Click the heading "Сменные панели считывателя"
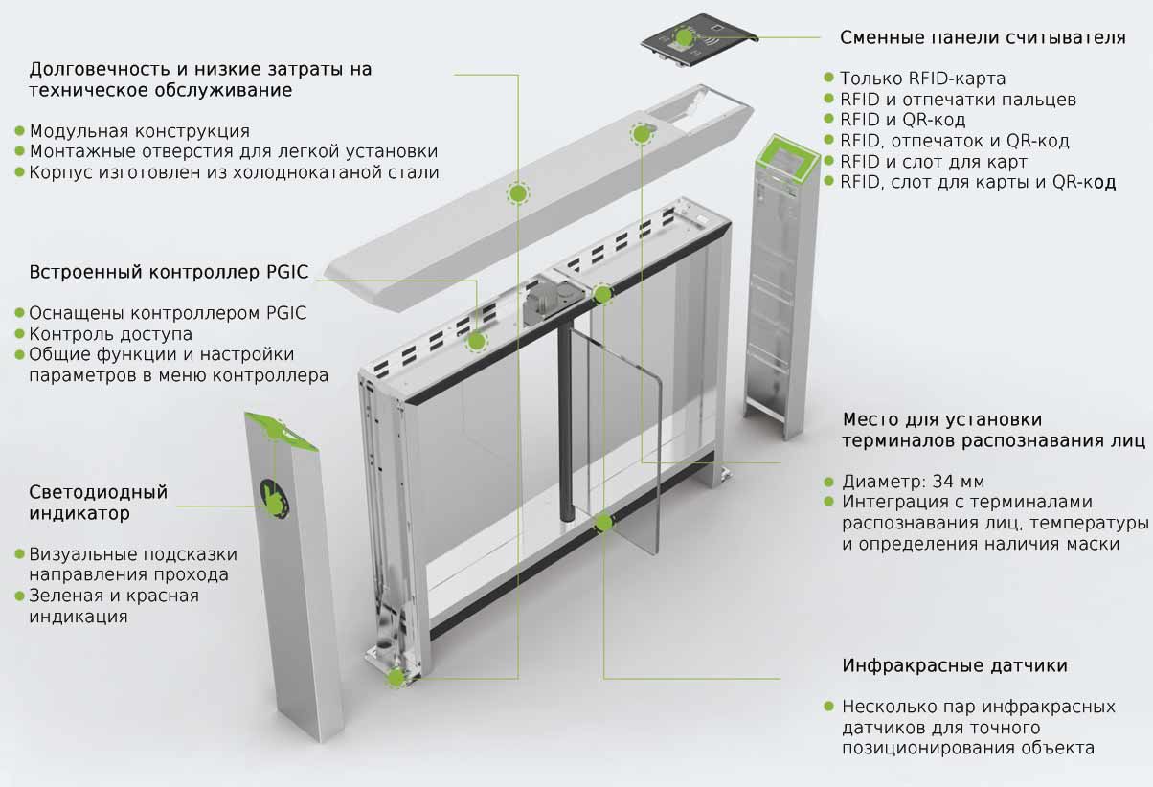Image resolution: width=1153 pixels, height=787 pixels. coord(982,37)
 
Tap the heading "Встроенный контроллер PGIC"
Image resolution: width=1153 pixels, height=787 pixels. coord(169,272)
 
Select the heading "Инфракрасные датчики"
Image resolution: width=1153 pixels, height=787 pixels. coord(954,665)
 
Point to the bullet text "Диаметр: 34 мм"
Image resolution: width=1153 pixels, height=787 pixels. coord(913,482)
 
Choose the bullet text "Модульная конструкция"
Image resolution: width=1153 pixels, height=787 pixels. coord(139,131)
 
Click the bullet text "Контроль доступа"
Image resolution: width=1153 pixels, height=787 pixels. coord(110,334)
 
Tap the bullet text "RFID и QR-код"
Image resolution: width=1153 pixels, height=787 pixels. coord(902,120)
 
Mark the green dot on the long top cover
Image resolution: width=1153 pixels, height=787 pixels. coord(518,193)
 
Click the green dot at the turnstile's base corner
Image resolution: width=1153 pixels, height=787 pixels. coord(396,677)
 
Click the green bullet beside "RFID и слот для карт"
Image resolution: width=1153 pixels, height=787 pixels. coord(829,162)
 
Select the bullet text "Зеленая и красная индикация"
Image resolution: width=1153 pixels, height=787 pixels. coord(113,606)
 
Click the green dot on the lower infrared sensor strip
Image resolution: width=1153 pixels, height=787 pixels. coord(603,522)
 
